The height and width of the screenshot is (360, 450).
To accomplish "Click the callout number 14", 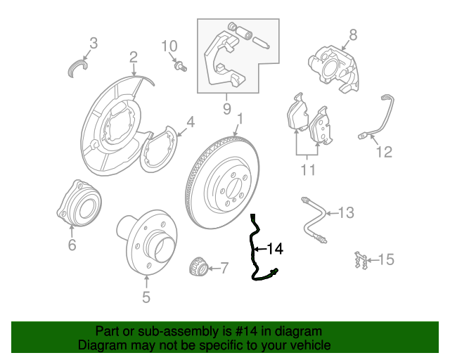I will [275, 249].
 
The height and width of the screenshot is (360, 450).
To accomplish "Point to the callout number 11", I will [307, 169].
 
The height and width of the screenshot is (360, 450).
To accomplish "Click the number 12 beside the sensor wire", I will [383, 151].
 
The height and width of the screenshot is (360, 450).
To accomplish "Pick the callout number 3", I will [94, 43].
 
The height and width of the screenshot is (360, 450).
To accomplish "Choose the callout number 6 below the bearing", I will [72, 245].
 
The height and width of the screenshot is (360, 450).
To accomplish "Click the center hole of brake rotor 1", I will [232, 186].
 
